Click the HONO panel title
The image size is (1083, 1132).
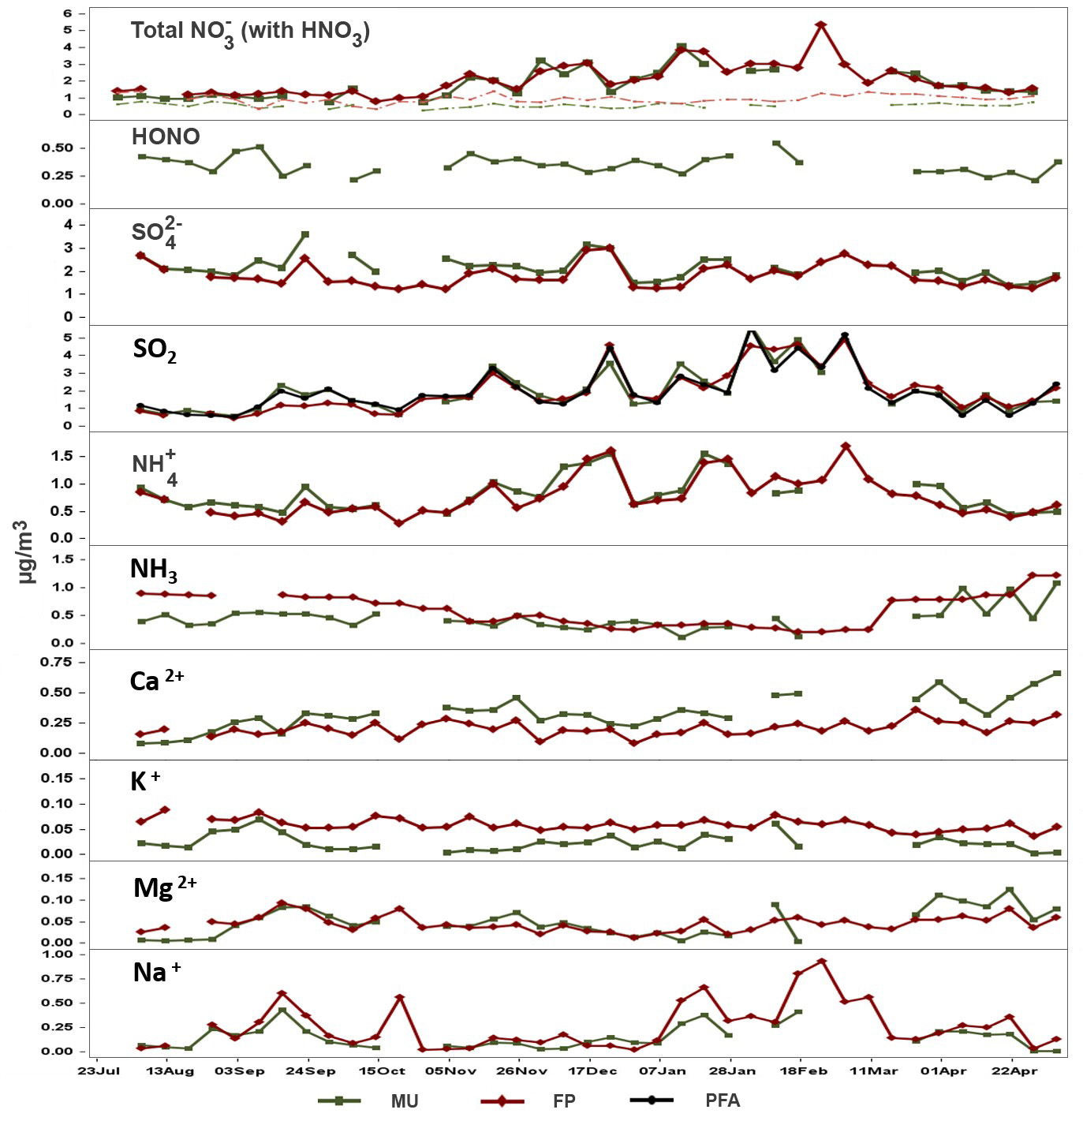pos(166,136)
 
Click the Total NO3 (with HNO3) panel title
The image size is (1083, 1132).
pos(250,32)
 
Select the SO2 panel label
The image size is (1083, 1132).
pos(155,349)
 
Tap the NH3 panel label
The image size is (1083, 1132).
pos(153,569)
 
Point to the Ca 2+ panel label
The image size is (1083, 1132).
pos(156,680)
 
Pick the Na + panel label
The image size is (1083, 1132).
pos(156,972)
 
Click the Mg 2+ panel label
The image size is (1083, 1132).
pos(165,887)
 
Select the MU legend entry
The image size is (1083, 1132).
pos(404,1100)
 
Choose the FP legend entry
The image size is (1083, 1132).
pos(563,1100)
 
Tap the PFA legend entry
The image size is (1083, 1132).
pos(723,1100)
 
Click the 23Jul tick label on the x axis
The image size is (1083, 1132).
pos(99,1070)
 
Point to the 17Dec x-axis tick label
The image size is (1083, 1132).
pos(592,1070)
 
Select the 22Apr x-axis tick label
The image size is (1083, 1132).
pos(1013,1070)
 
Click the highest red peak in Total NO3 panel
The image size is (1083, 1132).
pos(821,24)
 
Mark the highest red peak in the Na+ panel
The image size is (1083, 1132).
pos(821,961)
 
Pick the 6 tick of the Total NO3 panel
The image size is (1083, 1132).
pos(69,13)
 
